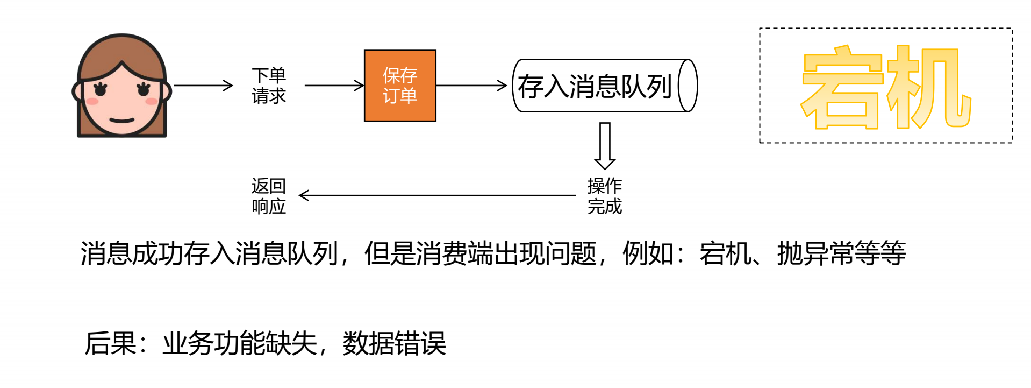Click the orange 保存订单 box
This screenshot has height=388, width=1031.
click(x=400, y=86)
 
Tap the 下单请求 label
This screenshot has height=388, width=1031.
click(x=269, y=86)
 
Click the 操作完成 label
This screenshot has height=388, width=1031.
click(x=605, y=196)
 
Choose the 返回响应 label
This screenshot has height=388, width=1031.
click(x=269, y=196)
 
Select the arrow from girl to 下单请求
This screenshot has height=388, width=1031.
click(x=203, y=85)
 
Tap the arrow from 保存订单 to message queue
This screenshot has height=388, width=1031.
click(x=471, y=85)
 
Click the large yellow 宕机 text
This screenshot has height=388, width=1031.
click(x=886, y=88)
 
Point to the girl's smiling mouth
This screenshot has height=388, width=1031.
click(x=122, y=120)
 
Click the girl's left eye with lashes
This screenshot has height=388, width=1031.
click(x=100, y=89)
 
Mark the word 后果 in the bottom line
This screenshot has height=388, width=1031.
click(x=110, y=343)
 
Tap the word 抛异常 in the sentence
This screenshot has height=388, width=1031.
click(x=816, y=253)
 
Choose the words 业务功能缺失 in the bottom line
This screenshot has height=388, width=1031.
click(x=240, y=343)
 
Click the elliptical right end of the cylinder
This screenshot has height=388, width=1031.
click(x=688, y=86)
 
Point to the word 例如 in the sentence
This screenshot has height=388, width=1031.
click(x=648, y=253)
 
